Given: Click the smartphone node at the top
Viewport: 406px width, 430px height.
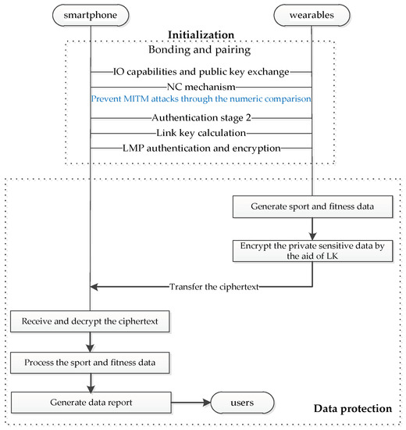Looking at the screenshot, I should [x=90, y=14].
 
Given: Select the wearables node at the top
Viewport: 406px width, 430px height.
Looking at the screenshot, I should [x=312, y=14].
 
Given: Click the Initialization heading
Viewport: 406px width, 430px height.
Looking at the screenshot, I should [x=201, y=34].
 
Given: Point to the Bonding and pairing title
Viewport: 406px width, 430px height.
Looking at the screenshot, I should [x=201, y=52].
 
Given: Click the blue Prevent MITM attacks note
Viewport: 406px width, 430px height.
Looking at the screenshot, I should [x=201, y=100].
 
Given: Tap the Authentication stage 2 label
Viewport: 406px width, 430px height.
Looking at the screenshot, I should [x=201, y=118].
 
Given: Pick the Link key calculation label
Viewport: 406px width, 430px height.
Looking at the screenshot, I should [x=201, y=132].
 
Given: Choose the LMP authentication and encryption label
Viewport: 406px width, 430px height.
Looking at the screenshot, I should [x=201, y=147].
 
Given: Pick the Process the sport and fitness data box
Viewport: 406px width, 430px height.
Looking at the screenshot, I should [x=90, y=362].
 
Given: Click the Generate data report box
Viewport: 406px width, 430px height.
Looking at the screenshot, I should [x=90, y=403].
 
